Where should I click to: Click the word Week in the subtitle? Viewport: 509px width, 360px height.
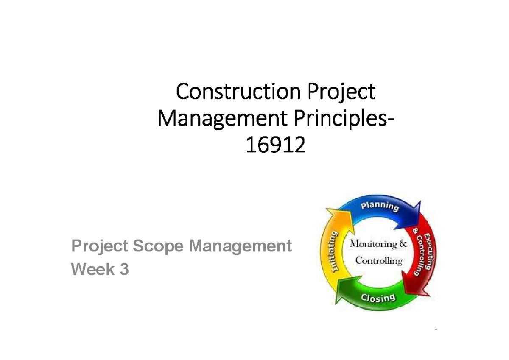click(x=91, y=269)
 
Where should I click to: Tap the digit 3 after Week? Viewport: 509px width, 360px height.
click(x=123, y=269)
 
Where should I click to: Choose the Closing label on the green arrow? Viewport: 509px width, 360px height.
click(x=378, y=298)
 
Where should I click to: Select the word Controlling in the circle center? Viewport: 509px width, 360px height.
click(x=379, y=260)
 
